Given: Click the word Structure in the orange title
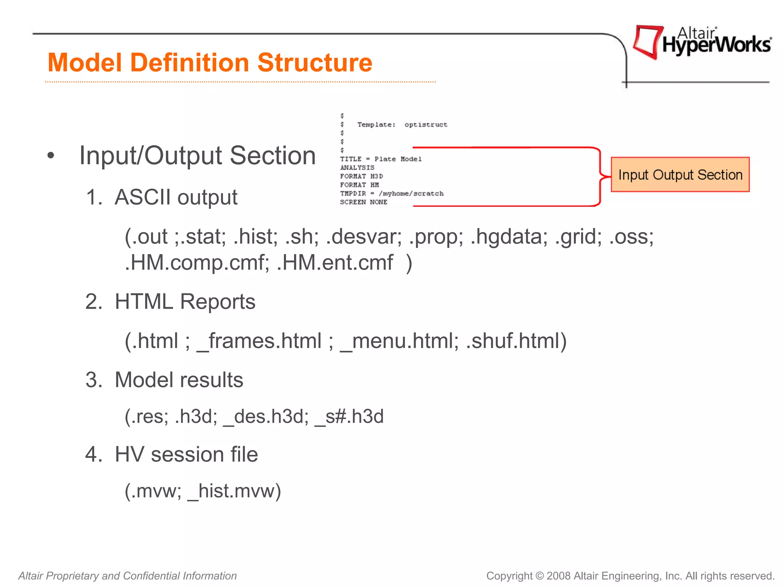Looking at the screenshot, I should [x=315, y=63].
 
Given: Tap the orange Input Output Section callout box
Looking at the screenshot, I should [x=680, y=175].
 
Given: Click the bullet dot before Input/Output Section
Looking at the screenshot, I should [x=50, y=156].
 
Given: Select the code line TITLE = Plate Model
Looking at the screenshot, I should [x=381, y=159].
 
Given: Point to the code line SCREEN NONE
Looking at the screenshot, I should [x=363, y=202].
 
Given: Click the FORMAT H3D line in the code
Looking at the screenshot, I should [x=361, y=176].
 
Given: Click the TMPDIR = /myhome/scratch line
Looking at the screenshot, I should [x=391, y=194].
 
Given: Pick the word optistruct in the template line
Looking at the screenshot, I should [x=426, y=125].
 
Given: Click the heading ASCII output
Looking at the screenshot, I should [x=176, y=198].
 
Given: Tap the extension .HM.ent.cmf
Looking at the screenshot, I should [x=335, y=263].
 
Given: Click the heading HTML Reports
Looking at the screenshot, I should [x=185, y=302].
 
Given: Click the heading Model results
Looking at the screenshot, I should [x=179, y=380].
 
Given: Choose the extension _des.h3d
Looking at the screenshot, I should [x=266, y=417].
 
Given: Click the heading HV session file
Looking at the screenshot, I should [x=186, y=455].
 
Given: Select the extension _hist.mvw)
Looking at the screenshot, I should [x=234, y=491].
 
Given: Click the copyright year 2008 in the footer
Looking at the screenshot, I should [x=559, y=576].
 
